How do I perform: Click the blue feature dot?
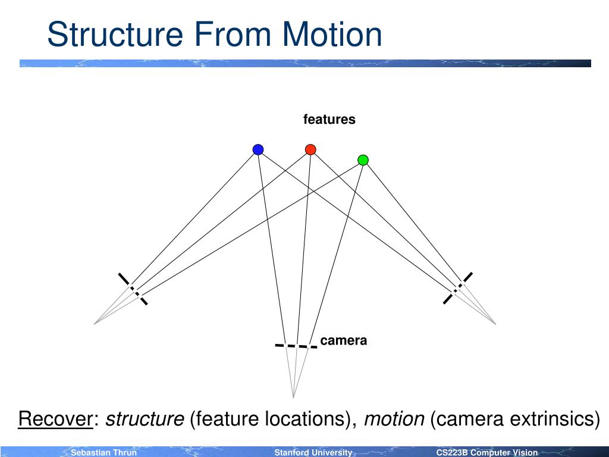[x=258, y=149]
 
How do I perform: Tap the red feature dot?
[x=310, y=149]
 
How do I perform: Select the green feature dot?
[x=363, y=160]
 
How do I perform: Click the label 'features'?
[x=329, y=120]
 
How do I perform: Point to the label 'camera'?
[x=343, y=341]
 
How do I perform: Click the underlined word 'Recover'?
[x=56, y=419]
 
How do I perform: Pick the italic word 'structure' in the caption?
[x=145, y=419]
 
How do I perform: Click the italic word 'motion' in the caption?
[x=394, y=419]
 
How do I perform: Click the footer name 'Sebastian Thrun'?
[x=104, y=453]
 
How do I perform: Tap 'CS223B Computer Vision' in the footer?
[x=486, y=453]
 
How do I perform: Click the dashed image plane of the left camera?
[x=133, y=289]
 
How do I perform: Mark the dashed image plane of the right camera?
[x=458, y=288]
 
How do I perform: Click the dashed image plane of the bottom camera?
[x=296, y=346]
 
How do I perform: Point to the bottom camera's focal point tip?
[x=293, y=397]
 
